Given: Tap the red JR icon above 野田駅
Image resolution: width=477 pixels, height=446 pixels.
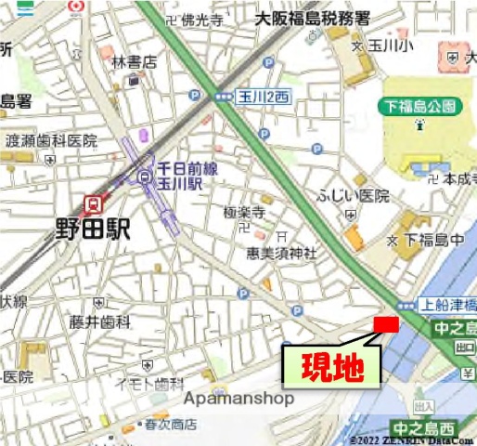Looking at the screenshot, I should [92, 202].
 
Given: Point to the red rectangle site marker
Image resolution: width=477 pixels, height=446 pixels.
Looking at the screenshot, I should [385, 323].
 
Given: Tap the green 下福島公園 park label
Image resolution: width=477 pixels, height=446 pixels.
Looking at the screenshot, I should [419, 108].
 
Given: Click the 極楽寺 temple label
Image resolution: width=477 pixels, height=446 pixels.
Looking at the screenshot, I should [245, 213].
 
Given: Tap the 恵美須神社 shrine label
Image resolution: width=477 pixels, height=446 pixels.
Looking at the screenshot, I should [281, 253].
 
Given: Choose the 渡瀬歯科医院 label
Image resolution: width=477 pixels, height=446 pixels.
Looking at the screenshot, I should [51, 140].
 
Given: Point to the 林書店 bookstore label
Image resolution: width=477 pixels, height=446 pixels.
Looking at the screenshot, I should [135, 62].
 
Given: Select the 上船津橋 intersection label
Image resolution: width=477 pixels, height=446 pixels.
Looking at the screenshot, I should [448, 304].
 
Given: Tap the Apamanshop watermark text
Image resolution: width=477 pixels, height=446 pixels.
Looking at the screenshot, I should [239, 399].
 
